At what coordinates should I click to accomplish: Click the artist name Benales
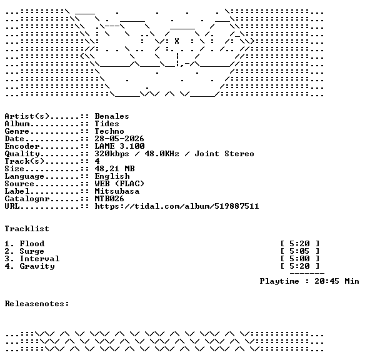tap(112, 116)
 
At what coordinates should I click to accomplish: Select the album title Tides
tap(107, 124)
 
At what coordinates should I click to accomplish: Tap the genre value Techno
tap(109, 131)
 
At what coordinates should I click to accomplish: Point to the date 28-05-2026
tap(119, 139)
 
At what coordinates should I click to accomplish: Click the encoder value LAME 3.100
tap(119, 146)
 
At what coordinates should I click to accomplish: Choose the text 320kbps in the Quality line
tap(112, 154)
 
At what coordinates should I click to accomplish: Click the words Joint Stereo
tap(224, 154)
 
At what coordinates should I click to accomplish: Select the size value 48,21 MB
tap(114, 169)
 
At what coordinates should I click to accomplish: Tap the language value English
tap(112, 176)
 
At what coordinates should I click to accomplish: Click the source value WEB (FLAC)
tap(119, 184)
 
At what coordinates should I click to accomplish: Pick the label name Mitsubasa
tap(117, 191)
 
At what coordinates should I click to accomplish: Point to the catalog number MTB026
tap(109, 199)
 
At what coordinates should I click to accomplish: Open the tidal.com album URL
tap(177, 206)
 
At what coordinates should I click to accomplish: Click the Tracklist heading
tap(27, 229)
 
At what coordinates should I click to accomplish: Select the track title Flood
tap(32, 244)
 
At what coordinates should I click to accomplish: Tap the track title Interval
tap(39, 259)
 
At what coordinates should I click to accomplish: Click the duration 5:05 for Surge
tap(299, 251)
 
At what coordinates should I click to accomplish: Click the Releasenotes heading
tap(37, 304)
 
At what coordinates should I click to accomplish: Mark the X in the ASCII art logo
tap(177, 41)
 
